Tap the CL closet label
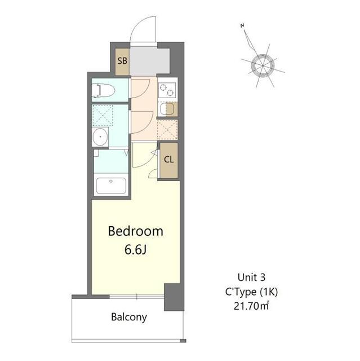pos(168,159)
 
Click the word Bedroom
pos(136,231)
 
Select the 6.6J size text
pos(136,249)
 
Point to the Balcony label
pos(128,317)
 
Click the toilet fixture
pos(104,90)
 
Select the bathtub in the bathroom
pos(111,185)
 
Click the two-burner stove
pos(167,89)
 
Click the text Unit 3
pos(251,278)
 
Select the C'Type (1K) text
pos(251,292)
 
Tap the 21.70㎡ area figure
pos(251,307)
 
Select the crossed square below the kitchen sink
pos(167,129)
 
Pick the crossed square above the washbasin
pos(102,115)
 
